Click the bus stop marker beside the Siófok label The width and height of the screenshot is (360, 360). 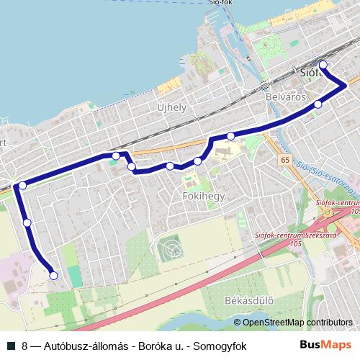click(323, 66)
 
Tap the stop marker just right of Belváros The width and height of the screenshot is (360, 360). click(318, 105)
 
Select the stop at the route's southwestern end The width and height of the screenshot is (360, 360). click(53, 274)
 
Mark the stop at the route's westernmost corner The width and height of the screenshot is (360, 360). click(22, 186)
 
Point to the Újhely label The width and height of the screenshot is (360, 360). click(172, 107)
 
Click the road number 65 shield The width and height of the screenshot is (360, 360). click(286, 160)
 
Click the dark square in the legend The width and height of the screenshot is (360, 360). click(10, 346)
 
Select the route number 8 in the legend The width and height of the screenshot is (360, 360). click(25, 346)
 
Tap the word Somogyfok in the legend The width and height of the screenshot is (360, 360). click(221, 346)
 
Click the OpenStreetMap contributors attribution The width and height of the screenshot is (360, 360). click(297, 323)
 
